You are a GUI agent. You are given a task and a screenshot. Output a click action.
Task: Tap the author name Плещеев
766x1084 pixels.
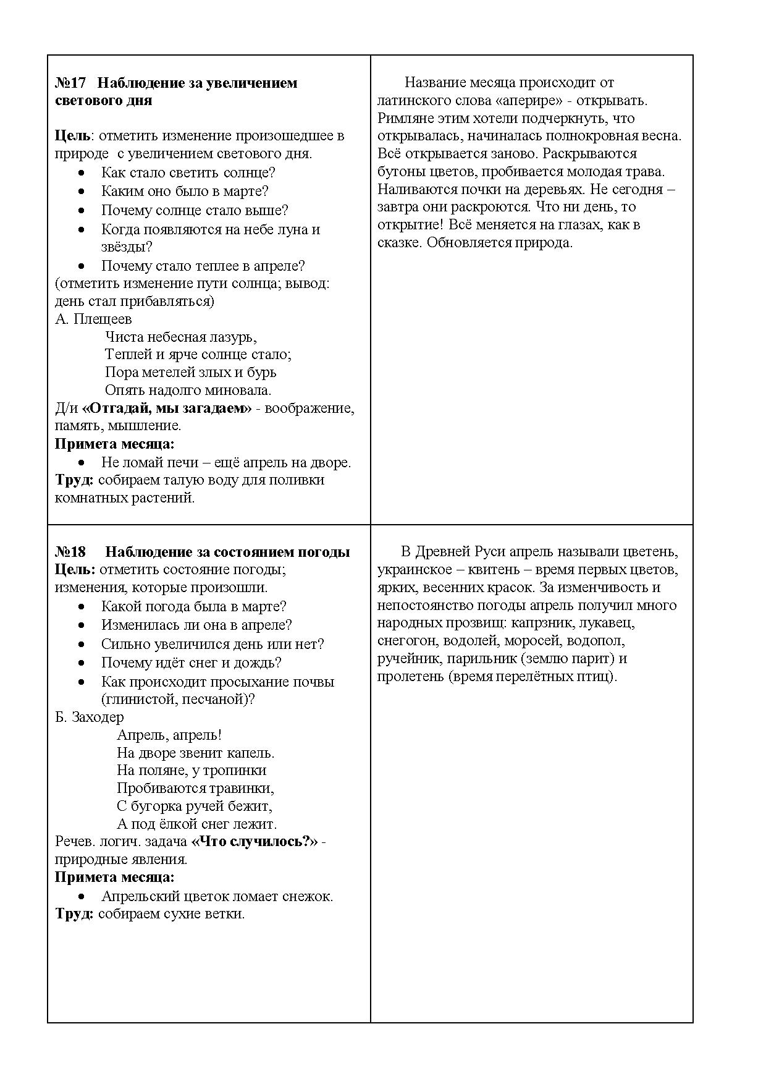tap(103, 320)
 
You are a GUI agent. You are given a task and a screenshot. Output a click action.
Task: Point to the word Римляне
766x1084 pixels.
tap(407, 118)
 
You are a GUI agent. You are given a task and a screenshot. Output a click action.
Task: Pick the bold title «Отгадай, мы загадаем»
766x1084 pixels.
tap(167, 409)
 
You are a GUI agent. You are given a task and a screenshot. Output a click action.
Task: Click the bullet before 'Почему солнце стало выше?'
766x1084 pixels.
tap(82, 211)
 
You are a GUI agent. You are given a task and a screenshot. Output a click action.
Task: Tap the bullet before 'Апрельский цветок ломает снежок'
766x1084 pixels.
tap(82, 897)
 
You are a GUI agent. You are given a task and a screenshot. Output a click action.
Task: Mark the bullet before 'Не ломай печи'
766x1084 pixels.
tap(82, 463)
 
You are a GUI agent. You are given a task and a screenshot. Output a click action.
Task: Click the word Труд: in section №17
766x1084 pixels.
tap(74, 480)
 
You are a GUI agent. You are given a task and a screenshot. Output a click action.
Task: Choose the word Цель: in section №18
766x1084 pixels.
tap(75, 570)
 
